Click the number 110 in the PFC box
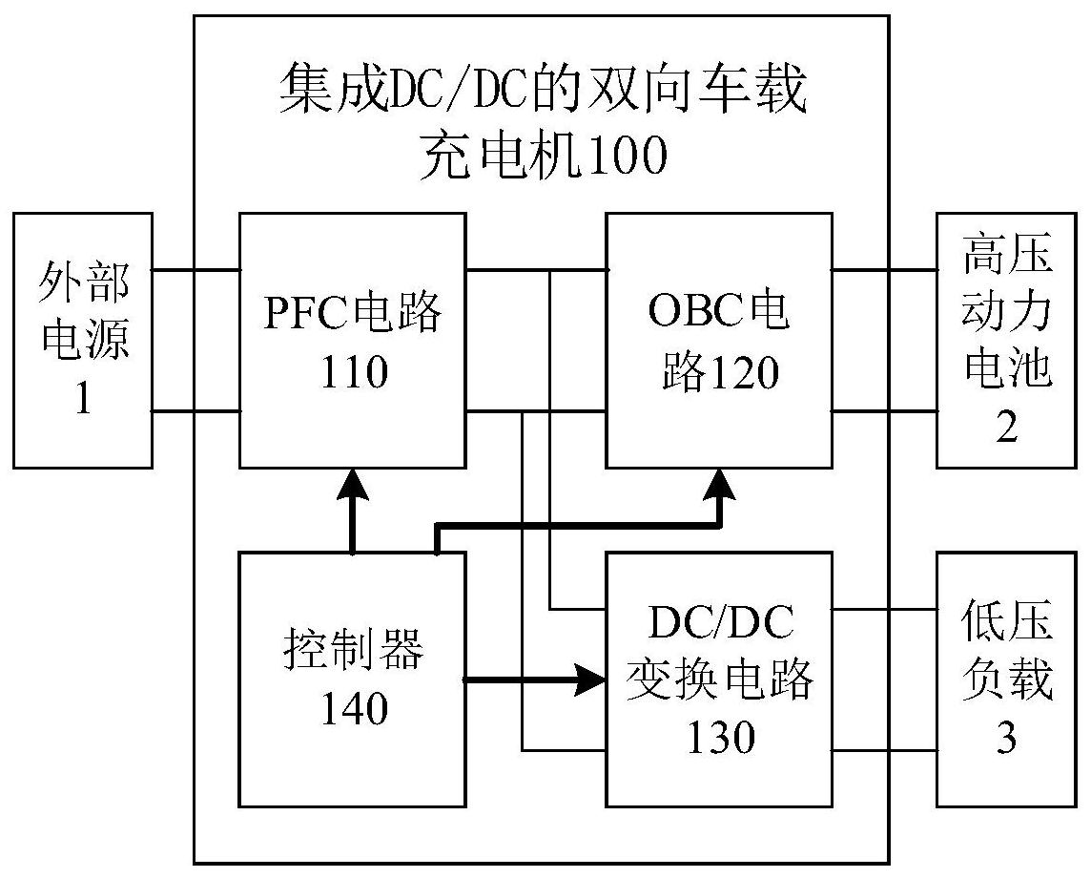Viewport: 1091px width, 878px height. (x=353, y=370)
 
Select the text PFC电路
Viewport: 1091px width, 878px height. (x=353, y=312)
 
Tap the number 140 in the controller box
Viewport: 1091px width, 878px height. (x=353, y=709)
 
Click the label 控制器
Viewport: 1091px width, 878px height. (x=353, y=653)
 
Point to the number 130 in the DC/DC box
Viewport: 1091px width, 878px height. (x=720, y=737)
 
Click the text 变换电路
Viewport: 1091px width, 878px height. (x=720, y=680)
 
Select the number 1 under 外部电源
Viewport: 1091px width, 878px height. (x=83, y=398)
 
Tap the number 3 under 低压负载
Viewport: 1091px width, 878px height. (x=1006, y=739)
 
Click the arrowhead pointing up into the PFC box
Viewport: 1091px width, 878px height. (x=353, y=484)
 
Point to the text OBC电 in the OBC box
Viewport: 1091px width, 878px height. (x=720, y=312)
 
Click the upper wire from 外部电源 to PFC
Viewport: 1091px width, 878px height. (x=196, y=270)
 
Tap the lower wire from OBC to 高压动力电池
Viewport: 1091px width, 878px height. (x=884, y=412)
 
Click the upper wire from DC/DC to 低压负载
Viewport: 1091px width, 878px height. (x=884, y=609)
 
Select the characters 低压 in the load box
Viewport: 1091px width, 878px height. (x=1006, y=624)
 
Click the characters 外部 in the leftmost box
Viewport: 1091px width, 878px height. (x=83, y=283)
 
